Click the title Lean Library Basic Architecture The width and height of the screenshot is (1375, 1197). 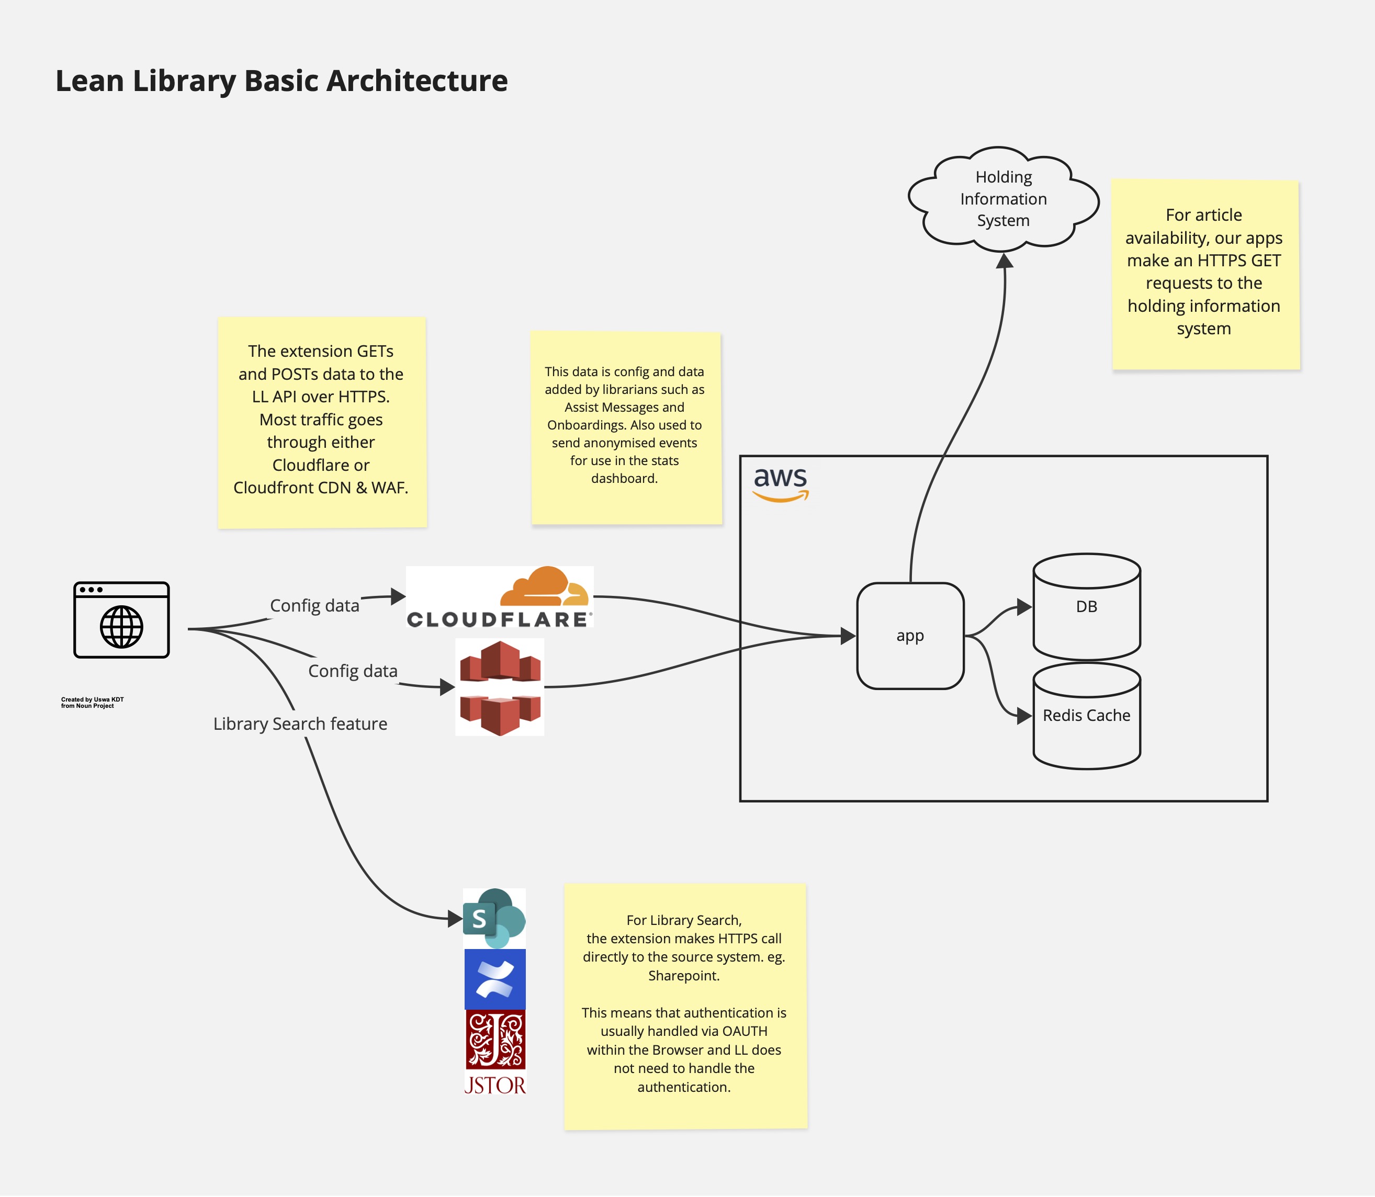click(281, 81)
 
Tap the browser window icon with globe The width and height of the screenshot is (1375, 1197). click(121, 620)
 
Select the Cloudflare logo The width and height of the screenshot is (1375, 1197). click(500, 596)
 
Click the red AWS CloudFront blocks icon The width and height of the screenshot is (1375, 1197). click(500, 687)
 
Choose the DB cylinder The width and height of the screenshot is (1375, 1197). click(1086, 606)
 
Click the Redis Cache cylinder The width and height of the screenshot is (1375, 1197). click(1086, 716)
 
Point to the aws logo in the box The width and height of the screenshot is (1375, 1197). click(780, 483)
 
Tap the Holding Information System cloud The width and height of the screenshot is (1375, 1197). click(1003, 198)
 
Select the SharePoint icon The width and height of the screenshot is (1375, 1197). click(494, 919)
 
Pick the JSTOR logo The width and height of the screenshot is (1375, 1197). click(495, 1052)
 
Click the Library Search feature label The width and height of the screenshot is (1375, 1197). click(300, 724)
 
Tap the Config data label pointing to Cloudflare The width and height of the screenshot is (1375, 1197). click(314, 606)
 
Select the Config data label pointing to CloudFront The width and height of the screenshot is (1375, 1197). click(352, 671)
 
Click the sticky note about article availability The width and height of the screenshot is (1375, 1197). click(1205, 274)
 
